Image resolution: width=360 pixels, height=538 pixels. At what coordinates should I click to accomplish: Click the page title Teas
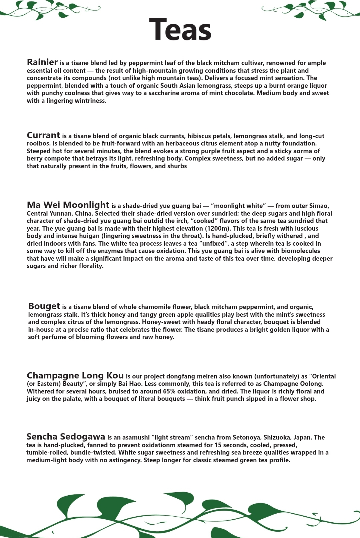tap(180, 30)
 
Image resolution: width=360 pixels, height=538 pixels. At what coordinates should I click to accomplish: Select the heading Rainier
tap(42, 62)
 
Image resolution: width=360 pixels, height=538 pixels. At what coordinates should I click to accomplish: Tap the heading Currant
tap(43, 136)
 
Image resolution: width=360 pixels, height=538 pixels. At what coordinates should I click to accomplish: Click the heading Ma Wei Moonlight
tap(68, 205)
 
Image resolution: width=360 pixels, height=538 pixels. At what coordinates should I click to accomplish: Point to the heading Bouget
tap(44, 306)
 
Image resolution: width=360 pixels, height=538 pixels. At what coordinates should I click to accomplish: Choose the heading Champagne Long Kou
tap(75, 376)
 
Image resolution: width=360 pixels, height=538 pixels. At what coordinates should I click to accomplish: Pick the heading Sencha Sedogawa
tap(66, 437)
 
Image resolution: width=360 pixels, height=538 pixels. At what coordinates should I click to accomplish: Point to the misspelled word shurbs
tap(177, 166)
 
